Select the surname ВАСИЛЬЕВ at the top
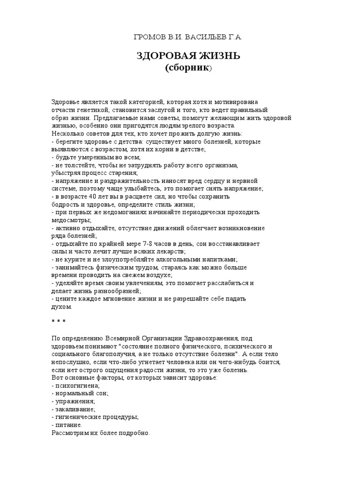coord(202,37)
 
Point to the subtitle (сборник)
coord(189,68)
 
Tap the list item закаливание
coord(75,409)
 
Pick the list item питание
coord(68,425)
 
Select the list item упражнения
coord(75,401)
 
